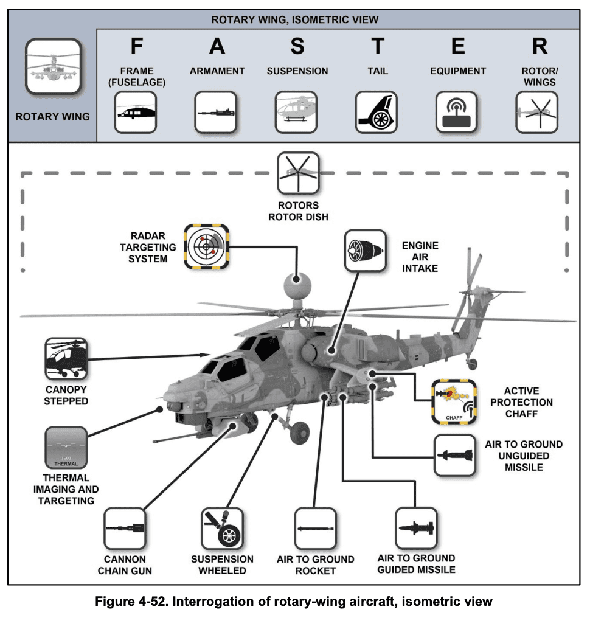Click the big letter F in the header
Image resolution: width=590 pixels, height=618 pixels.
(x=137, y=46)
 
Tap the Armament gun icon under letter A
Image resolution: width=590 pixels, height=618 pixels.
(x=216, y=112)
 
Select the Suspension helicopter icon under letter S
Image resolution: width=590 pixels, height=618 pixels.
(x=296, y=112)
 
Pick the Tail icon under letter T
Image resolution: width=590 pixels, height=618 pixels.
(x=377, y=112)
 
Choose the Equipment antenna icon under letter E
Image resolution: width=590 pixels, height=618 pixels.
(x=457, y=112)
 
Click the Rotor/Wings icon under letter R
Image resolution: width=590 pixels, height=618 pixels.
(x=537, y=112)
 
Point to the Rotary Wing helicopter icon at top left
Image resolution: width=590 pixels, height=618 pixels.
(x=52, y=69)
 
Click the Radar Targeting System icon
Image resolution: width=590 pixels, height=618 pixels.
(x=206, y=246)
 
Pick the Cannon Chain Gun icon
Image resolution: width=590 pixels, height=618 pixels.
(x=125, y=528)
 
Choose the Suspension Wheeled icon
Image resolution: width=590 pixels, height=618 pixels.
(x=223, y=528)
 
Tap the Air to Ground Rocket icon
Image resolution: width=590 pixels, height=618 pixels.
(x=315, y=528)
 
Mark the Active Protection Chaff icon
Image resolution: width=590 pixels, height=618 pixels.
(x=454, y=401)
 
